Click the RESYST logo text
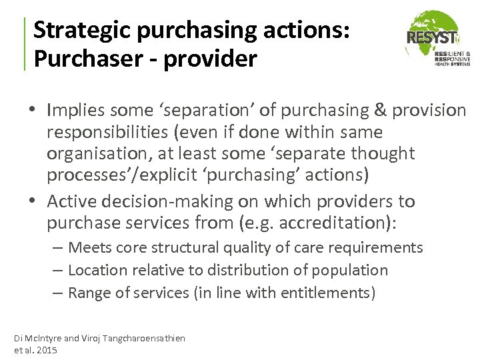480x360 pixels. tap(431, 38)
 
